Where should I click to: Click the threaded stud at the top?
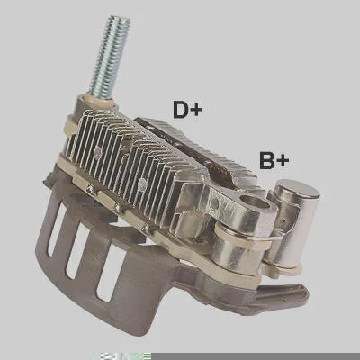coord(110,56)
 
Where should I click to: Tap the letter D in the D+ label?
coord(181,110)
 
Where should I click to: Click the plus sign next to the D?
coord(196,111)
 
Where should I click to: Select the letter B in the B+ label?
coord(267,160)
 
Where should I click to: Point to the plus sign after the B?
coord(283,162)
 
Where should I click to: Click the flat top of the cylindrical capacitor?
coord(298,188)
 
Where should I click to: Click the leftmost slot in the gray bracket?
coord(57,229)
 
